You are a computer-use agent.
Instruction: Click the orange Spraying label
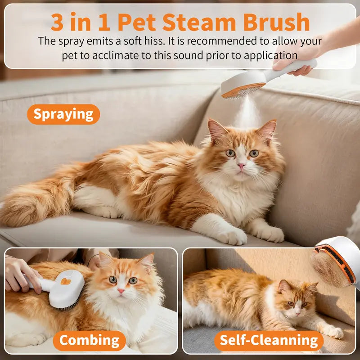(63, 114)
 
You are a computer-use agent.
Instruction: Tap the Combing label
(89, 340)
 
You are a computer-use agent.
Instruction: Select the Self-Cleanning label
(269, 340)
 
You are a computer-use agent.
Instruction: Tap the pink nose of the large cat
(242, 167)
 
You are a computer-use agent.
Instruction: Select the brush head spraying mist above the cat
(243, 86)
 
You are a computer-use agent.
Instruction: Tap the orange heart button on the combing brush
(66, 281)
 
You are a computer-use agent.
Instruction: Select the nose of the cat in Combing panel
(121, 291)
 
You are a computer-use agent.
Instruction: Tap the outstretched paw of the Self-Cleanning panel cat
(333, 332)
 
